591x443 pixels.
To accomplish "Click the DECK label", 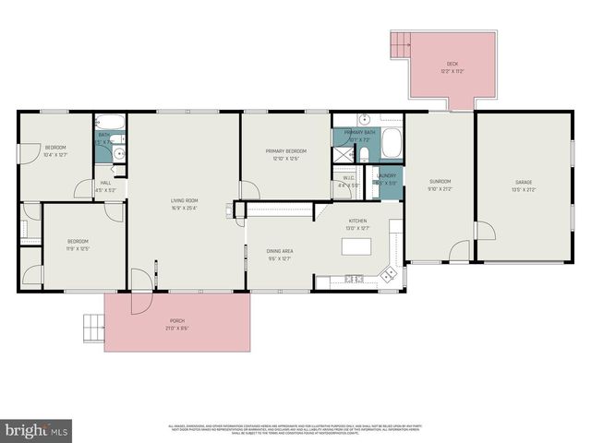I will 452,64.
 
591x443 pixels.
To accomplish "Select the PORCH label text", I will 177,320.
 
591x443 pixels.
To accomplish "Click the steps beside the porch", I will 94,326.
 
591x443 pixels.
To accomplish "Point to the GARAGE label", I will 524,181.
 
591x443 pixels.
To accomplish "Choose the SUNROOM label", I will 440,181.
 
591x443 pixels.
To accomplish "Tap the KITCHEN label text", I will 357,221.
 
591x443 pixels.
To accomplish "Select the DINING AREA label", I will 280,251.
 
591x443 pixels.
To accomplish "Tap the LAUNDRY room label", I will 386,175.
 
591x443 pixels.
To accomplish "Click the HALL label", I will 107,182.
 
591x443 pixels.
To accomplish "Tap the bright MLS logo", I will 37,429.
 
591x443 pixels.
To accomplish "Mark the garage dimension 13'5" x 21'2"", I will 524,189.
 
